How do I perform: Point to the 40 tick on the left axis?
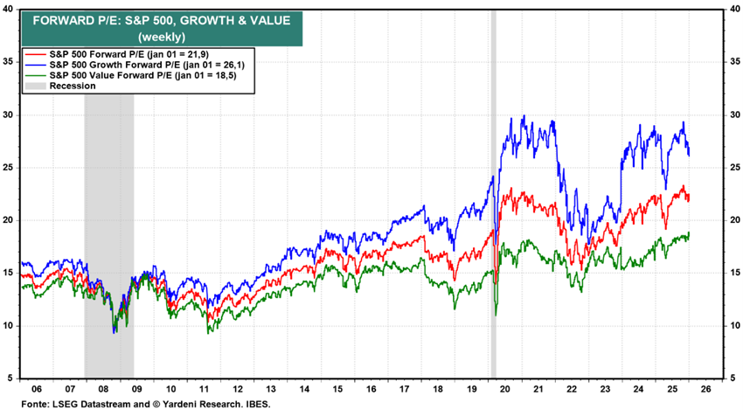[x=10, y=10]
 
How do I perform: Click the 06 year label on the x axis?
[x=37, y=389]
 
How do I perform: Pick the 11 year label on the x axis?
[x=203, y=389]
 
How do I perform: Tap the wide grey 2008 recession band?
[x=108, y=219]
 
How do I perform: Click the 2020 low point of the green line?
[x=495, y=314]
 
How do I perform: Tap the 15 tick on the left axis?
[x=10, y=273]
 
